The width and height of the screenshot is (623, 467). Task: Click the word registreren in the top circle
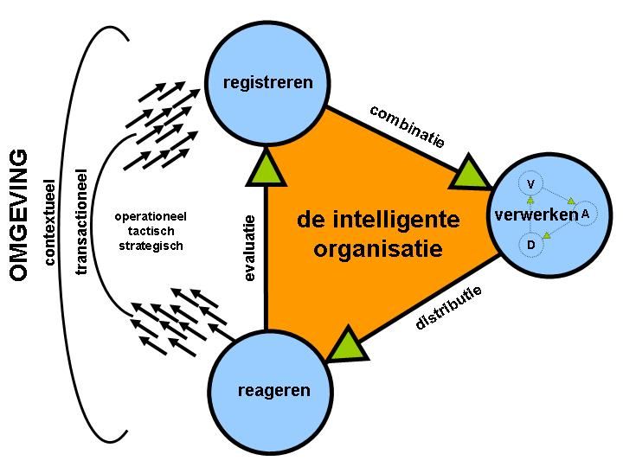(x=267, y=83)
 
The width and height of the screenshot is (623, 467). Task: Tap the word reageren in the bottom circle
(x=273, y=391)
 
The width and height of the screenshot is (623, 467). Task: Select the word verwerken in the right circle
(x=536, y=214)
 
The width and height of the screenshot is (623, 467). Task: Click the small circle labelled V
(x=530, y=184)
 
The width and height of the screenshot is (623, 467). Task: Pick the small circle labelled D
(x=530, y=246)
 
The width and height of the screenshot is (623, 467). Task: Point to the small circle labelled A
(x=586, y=213)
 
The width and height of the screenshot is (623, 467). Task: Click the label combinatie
(x=407, y=126)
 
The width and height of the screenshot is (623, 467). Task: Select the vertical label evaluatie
(x=250, y=246)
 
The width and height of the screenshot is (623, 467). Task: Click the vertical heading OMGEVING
(x=20, y=215)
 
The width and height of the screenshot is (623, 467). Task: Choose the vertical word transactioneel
(x=82, y=221)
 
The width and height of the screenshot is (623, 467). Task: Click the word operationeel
(x=151, y=216)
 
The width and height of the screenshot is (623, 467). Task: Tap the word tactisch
(x=151, y=231)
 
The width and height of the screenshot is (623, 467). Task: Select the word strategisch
(x=151, y=246)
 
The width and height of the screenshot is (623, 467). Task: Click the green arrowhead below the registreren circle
(x=265, y=168)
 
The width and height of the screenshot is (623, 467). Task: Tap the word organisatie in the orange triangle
(x=379, y=250)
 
